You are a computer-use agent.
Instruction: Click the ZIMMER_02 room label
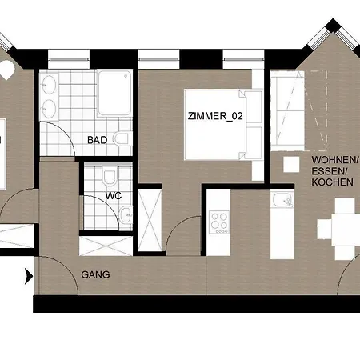pos(215,116)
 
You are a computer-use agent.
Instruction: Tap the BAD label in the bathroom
pos(98,140)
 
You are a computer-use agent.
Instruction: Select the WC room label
pos(114,196)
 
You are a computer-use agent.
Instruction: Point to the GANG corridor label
pos(95,274)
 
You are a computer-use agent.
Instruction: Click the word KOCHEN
pos(332,182)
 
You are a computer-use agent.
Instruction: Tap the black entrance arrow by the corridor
pos(29,276)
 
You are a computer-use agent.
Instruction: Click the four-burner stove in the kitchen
pos(219,222)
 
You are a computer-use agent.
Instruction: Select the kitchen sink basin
pos(282,200)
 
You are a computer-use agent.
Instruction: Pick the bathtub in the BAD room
pos(114,93)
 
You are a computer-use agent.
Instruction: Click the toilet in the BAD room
pos(123,138)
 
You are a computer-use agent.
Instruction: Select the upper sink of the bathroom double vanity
pos(50,85)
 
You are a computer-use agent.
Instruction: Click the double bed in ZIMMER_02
pos(223,125)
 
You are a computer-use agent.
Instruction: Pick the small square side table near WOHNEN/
pos(291,164)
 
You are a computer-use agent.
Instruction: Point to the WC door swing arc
pos(107,206)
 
